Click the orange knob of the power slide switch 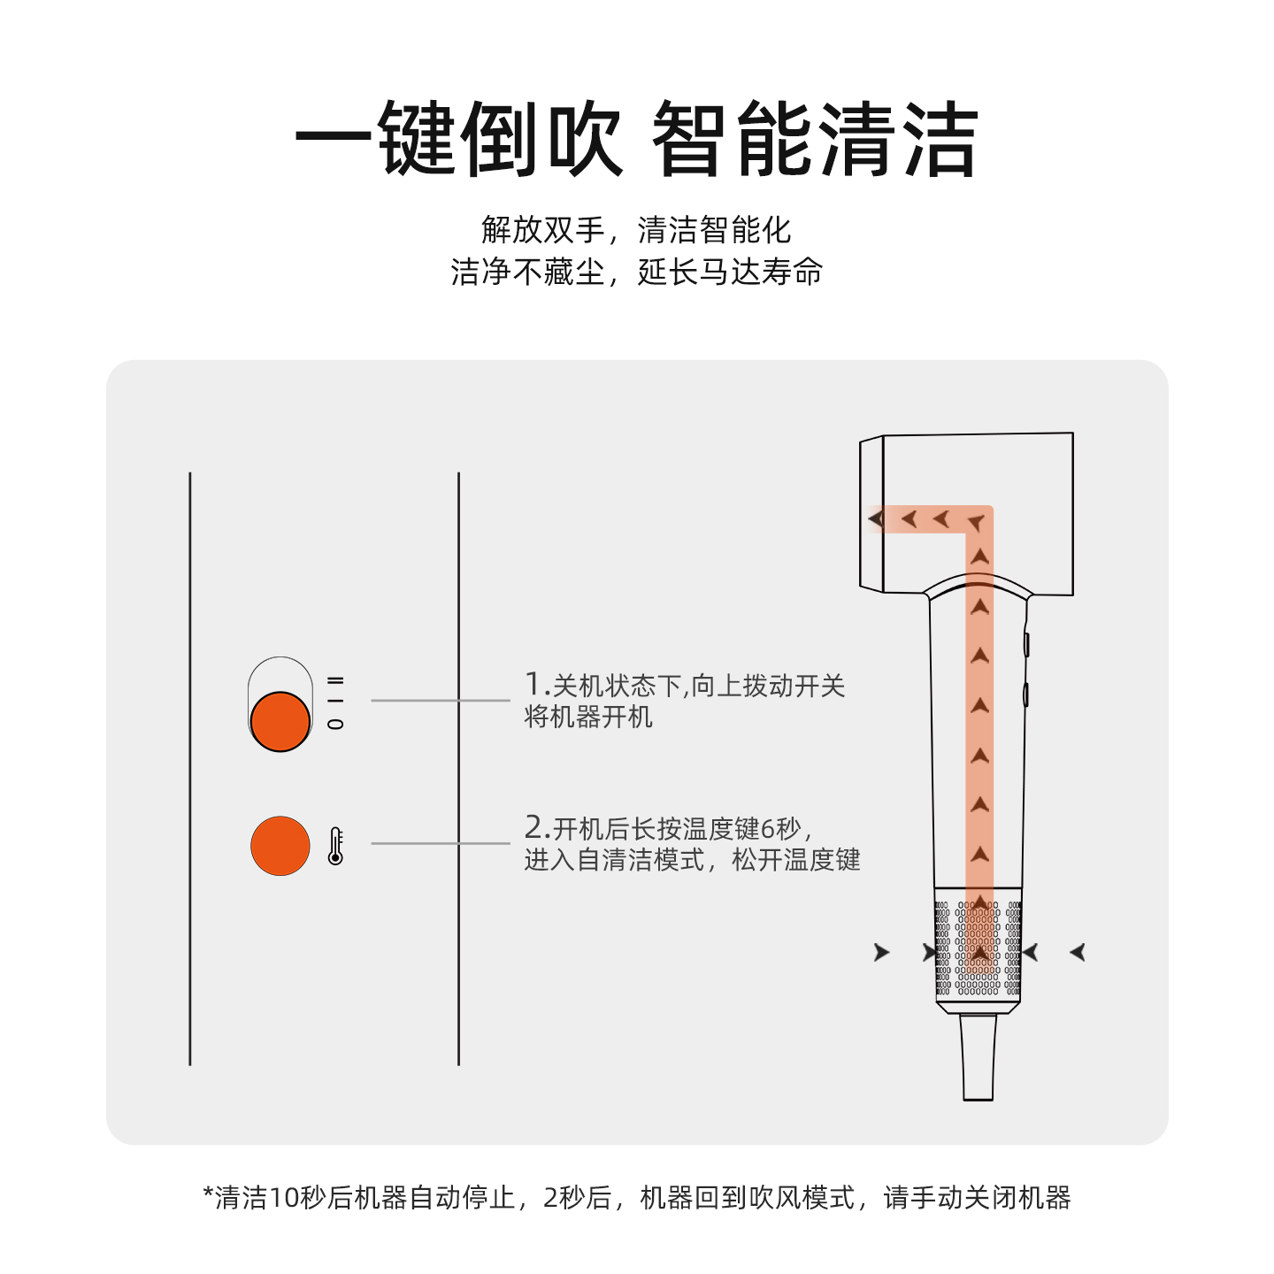point(280,721)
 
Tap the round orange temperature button point(280,846)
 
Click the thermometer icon point(335,846)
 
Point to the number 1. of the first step point(536,684)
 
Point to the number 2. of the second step point(536,827)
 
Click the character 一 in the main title point(334,140)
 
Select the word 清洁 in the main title point(897,140)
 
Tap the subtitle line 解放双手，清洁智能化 point(635,230)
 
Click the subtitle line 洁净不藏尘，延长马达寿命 point(635,272)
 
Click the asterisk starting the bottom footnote point(209,1194)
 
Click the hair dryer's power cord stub point(978,1056)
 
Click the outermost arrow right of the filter point(1078,952)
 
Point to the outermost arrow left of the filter point(881,952)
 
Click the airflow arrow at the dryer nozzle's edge point(876,518)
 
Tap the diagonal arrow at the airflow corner point(977,523)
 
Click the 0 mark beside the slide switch point(335,724)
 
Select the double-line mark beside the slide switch point(335,680)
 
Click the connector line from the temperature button point(441,843)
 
